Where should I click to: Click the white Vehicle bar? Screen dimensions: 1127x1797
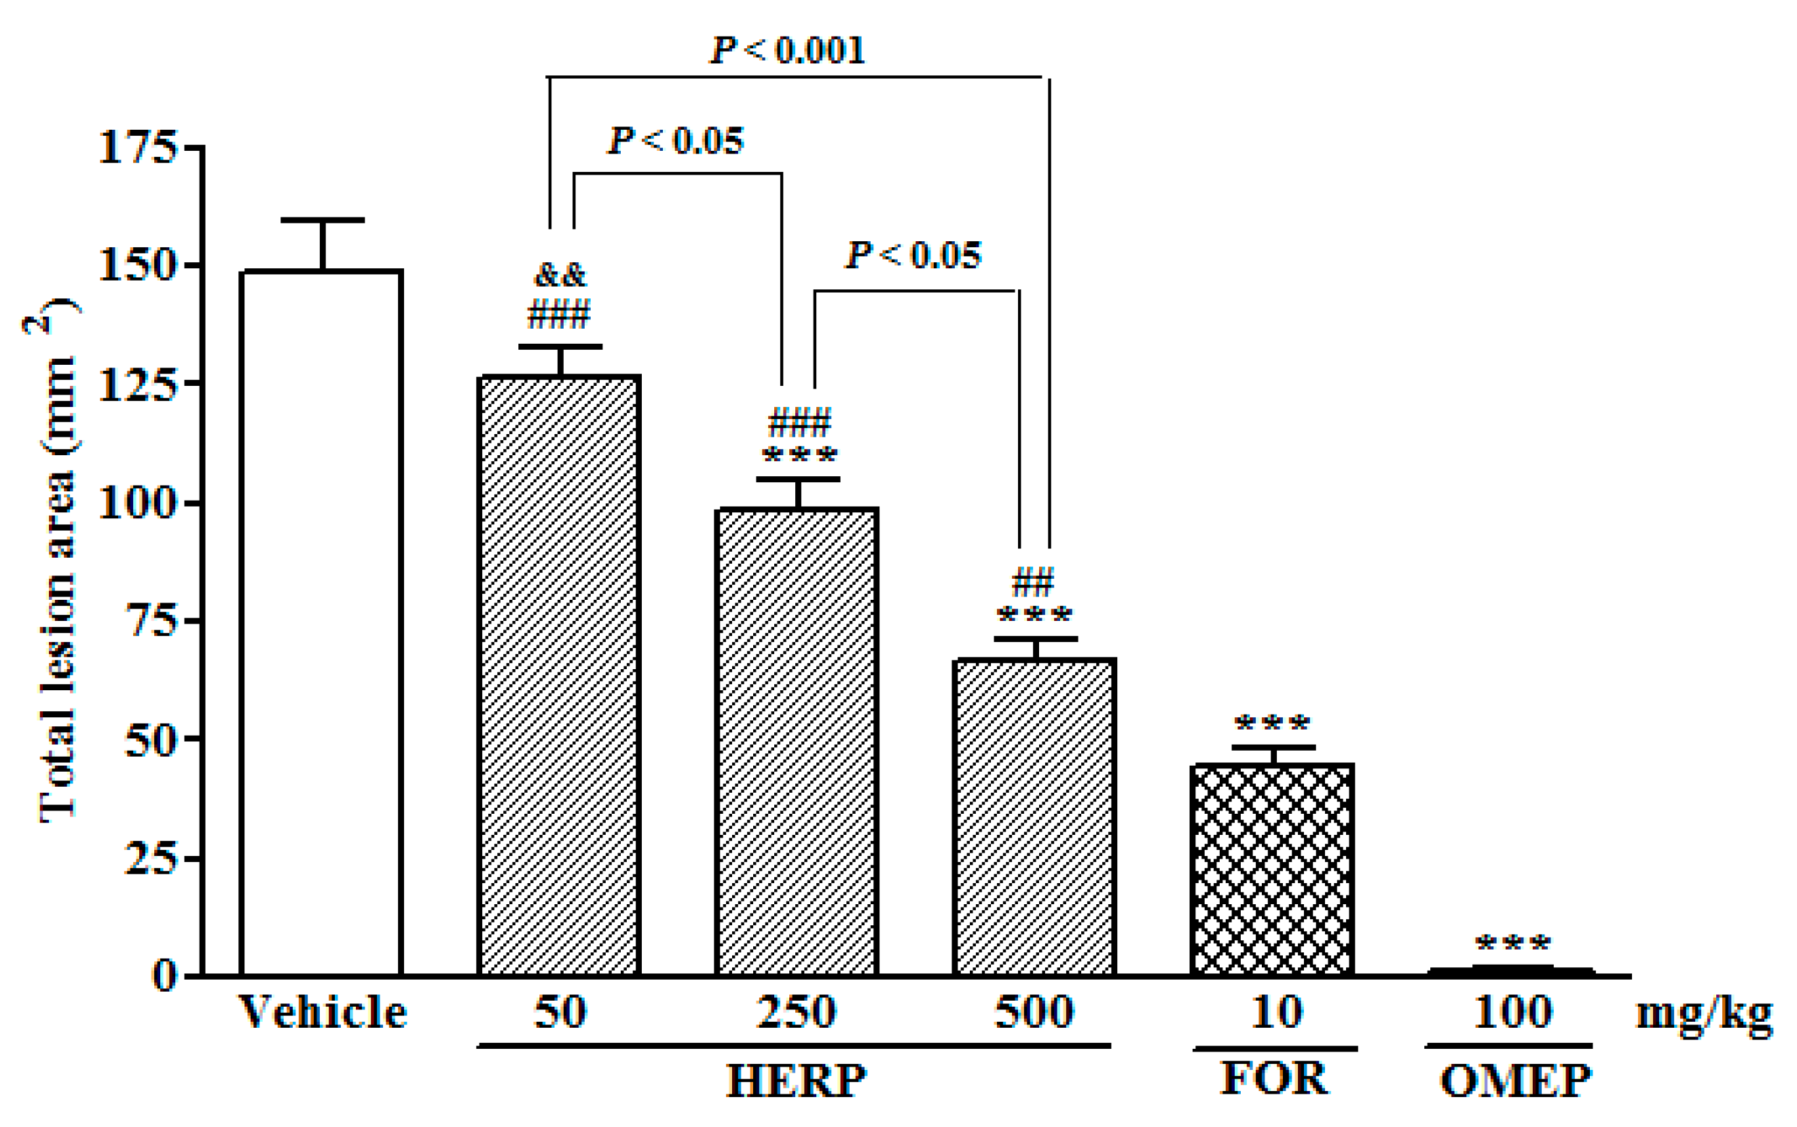click(322, 622)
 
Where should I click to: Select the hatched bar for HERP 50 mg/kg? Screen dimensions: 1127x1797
click(559, 675)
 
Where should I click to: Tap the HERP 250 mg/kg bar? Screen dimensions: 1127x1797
click(797, 742)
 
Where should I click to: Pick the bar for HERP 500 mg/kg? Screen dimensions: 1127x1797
click(1035, 816)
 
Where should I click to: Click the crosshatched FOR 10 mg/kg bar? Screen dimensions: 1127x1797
click(1273, 869)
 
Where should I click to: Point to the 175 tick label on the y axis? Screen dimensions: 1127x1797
click(137, 147)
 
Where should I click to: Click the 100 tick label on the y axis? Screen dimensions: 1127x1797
click(137, 503)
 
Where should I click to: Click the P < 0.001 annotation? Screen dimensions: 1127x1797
click(788, 51)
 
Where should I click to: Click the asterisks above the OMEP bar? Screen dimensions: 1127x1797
click(1513, 944)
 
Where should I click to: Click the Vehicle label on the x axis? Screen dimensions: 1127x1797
click(322, 1012)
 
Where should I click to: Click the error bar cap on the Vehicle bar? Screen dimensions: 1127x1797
click(323, 220)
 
